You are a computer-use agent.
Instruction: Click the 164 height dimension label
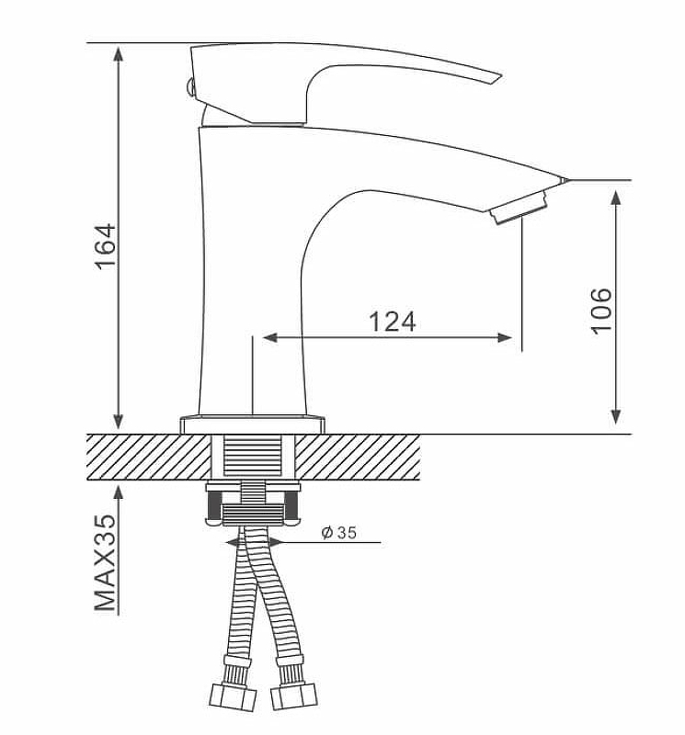(x=108, y=245)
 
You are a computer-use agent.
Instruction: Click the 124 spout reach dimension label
(x=393, y=322)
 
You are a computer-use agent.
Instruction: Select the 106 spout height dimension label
(x=600, y=310)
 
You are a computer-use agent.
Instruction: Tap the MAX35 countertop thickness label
(x=107, y=562)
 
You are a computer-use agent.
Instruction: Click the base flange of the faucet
(x=253, y=424)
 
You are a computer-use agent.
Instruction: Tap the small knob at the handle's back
(x=190, y=88)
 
